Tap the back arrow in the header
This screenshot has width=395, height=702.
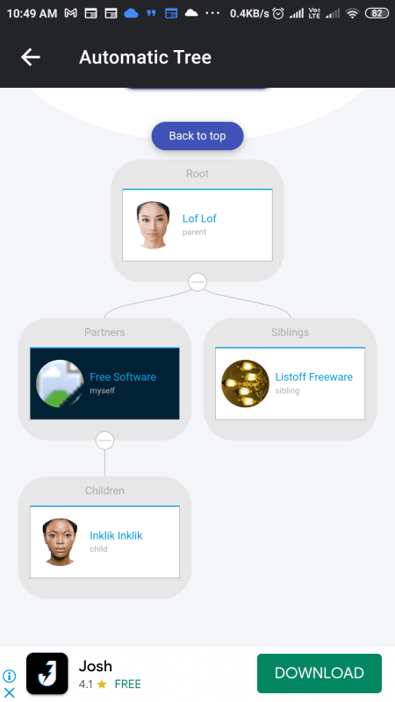[31, 57]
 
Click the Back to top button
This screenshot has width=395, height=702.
[197, 136]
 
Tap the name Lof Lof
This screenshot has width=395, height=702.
[199, 218]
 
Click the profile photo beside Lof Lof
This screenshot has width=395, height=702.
[153, 225]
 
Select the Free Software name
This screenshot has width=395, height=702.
[123, 377]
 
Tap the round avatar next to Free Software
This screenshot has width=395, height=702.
[60, 383]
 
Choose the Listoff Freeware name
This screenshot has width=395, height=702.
[314, 377]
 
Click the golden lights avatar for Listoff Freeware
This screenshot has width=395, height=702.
[246, 383]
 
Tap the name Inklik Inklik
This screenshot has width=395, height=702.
[116, 535]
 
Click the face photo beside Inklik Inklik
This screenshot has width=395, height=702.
[60, 541]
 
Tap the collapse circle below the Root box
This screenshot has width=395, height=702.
[197, 282]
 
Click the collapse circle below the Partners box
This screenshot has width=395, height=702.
[104, 441]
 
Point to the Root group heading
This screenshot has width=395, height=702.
[197, 174]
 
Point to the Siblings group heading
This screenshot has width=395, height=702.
[291, 333]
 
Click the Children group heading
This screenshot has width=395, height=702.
[104, 491]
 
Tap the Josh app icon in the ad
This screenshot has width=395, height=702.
[47, 673]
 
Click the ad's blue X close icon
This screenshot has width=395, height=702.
[10, 692]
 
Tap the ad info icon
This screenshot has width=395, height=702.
[10, 676]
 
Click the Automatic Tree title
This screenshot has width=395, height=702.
[145, 57]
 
